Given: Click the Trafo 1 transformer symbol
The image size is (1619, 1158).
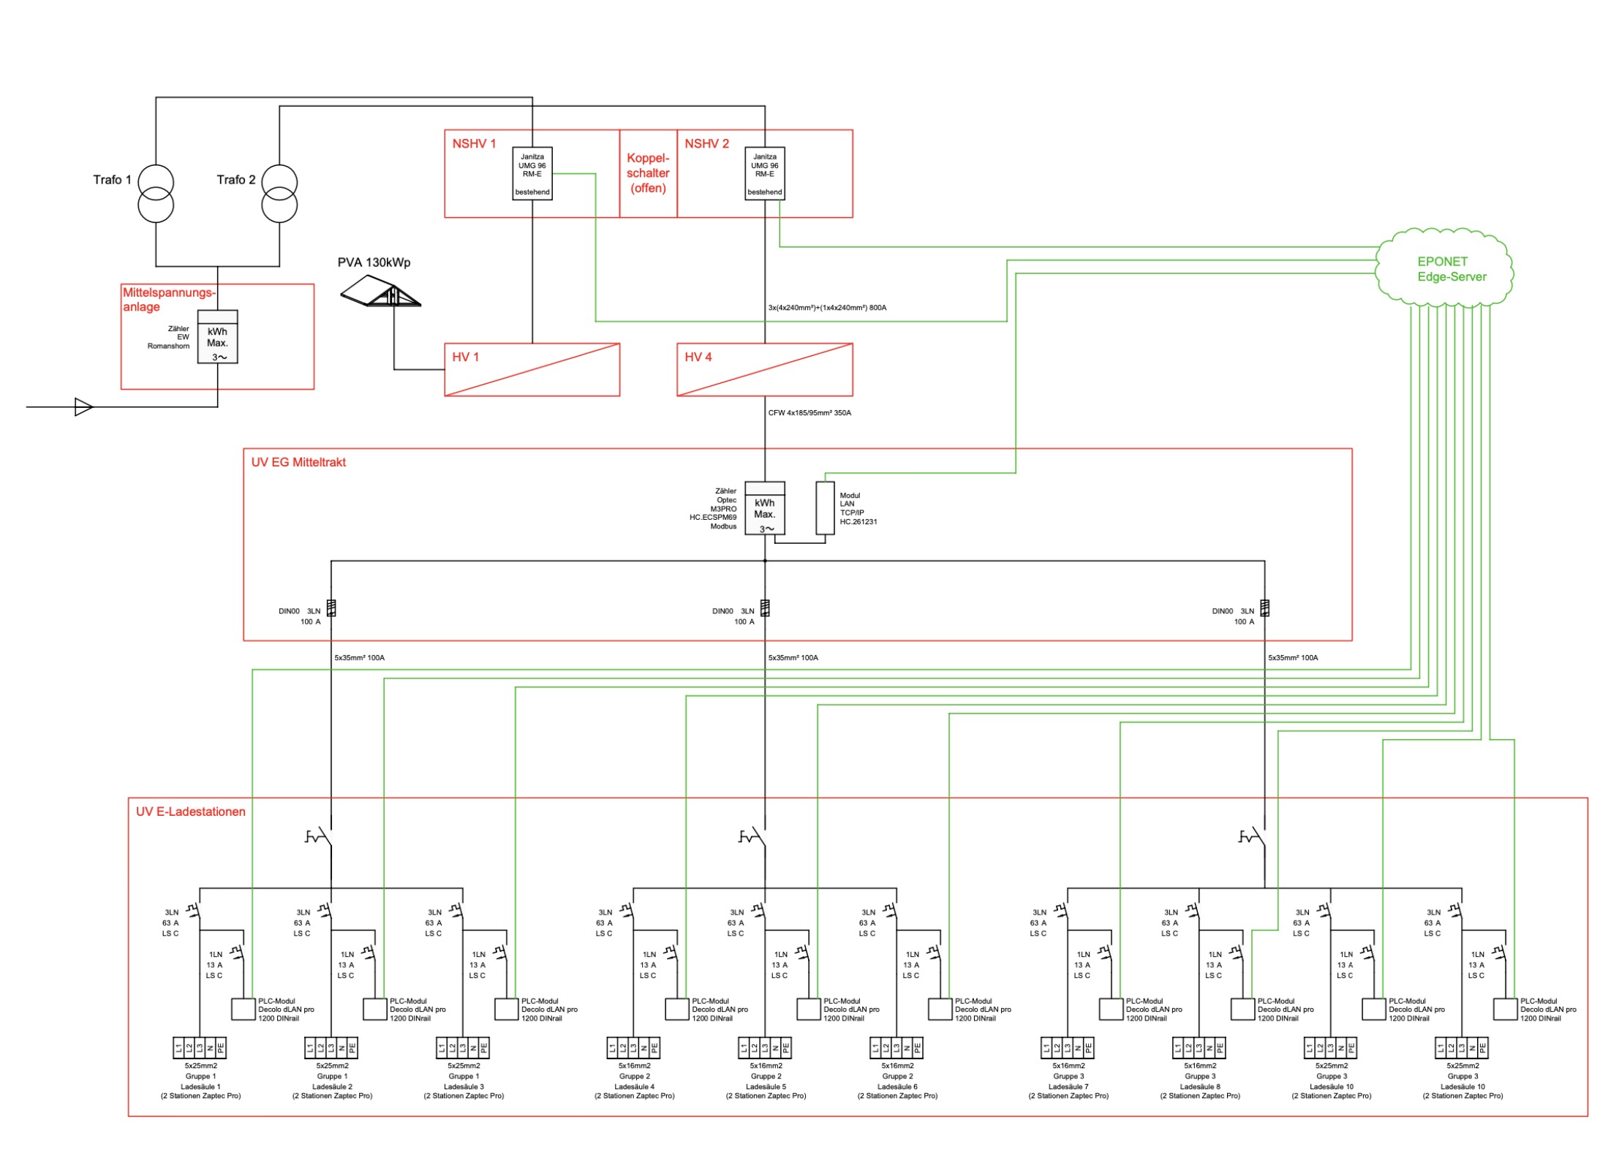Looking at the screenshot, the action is click(x=156, y=193).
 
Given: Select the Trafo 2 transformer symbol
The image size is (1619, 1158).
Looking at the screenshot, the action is click(x=279, y=193).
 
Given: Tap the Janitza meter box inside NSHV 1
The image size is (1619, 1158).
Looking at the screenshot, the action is click(x=532, y=173).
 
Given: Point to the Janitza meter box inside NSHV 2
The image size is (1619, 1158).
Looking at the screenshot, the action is click(x=765, y=173).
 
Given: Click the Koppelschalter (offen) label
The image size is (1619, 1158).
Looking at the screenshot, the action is click(x=648, y=173).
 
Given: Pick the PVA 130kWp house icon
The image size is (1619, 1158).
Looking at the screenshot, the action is click(x=380, y=291).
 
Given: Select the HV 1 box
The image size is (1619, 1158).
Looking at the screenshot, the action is click(x=532, y=370).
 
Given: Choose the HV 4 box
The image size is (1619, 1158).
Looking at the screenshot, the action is click(x=765, y=370).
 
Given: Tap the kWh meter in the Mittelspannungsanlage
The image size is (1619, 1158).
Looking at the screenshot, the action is click(x=218, y=337).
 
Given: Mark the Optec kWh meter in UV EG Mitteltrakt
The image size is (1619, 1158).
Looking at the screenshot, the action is click(x=765, y=508).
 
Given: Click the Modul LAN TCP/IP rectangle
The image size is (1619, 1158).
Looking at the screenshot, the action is click(x=826, y=508).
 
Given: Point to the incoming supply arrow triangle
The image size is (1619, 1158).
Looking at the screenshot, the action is click(x=84, y=407).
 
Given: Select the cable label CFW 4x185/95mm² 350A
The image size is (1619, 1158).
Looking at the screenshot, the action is click(x=809, y=413).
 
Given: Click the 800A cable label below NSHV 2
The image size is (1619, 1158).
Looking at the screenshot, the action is click(x=827, y=308).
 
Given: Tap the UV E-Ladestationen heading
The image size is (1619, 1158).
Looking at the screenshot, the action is click(x=191, y=811).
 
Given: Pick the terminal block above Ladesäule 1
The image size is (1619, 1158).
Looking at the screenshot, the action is click(x=200, y=1048).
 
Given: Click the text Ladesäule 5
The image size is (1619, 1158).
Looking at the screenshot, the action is click(x=766, y=1086).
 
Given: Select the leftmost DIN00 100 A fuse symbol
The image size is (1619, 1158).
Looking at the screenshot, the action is click(x=331, y=608).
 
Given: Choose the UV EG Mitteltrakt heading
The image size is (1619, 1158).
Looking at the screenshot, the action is click(x=298, y=462).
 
